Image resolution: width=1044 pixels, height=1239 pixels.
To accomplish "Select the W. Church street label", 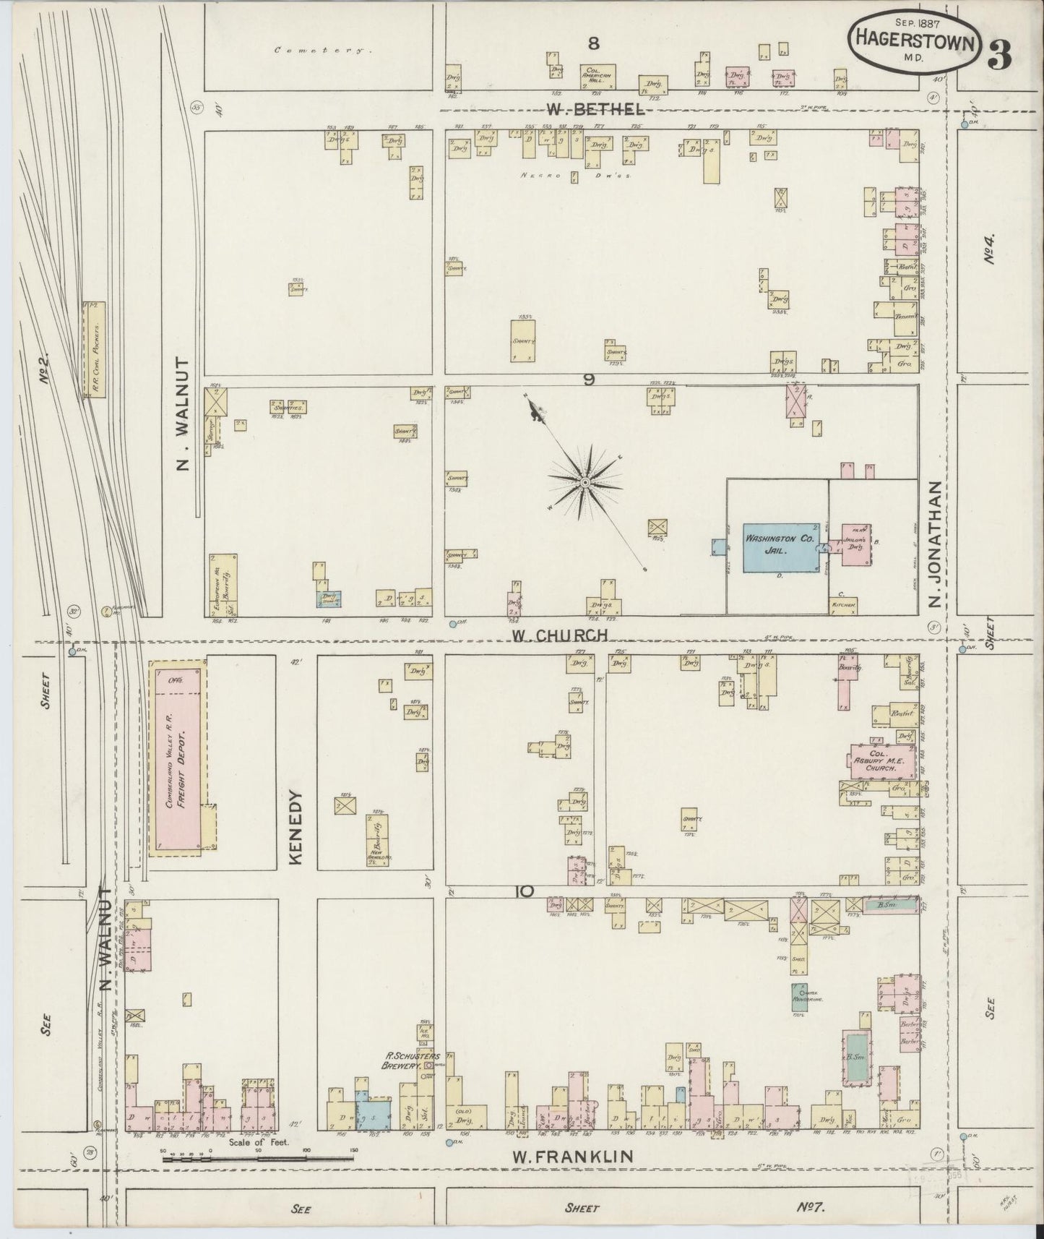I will click(560, 635).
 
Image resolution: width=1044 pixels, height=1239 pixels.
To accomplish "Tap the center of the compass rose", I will click(584, 481).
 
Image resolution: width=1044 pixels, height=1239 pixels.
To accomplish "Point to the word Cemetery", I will click(322, 51).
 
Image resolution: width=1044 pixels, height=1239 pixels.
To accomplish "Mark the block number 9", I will click(589, 380).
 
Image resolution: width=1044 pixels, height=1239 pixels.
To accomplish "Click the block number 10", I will click(525, 891).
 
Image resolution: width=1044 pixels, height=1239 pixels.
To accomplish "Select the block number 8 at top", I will click(593, 43).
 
